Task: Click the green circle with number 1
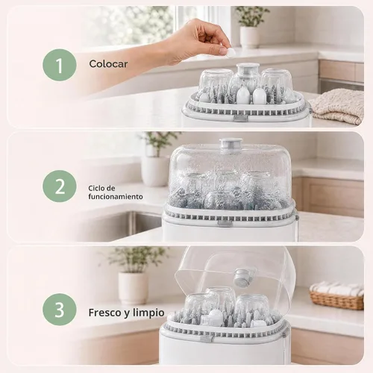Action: click(x=60, y=65)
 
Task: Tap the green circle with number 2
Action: click(x=60, y=186)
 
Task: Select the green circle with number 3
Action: click(x=60, y=310)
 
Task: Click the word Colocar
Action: click(x=108, y=64)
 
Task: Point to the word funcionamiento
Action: click(x=116, y=197)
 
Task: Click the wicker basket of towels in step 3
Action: click(x=337, y=296)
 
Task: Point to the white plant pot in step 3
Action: click(x=133, y=289)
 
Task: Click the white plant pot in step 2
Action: click(x=154, y=171)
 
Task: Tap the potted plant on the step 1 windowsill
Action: click(x=251, y=27)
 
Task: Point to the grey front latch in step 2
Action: click(x=225, y=223)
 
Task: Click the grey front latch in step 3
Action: click(x=207, y=339)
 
